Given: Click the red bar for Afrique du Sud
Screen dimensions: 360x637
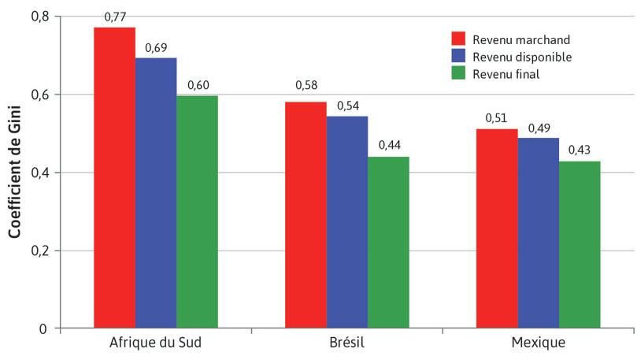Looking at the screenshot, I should pos(114,177).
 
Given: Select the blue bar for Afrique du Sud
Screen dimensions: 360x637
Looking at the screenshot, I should pos(155,193).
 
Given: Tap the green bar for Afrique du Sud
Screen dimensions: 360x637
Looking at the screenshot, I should pos(197,211).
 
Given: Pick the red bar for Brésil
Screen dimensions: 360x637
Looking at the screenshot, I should pos(306,215).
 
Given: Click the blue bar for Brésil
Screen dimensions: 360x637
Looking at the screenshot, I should pos(346,222).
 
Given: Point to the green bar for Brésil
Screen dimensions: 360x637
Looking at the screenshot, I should pos(388,242).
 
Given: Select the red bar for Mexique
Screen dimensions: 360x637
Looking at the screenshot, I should pos(497,228).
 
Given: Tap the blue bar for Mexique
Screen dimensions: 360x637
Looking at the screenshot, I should pos(538,232).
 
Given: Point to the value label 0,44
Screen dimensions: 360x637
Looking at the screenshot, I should pos(388,146).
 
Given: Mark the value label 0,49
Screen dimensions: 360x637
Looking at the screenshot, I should pos(538,128).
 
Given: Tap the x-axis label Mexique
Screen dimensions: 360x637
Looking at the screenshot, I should pos(538,343).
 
